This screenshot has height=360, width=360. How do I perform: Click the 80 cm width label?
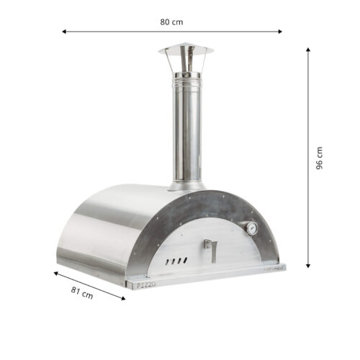[x=171, y=21]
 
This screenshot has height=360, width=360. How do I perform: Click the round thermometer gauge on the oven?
[x=252, y=229]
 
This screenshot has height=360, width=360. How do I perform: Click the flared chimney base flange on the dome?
[x=186, y=186]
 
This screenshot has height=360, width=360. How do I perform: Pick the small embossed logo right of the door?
[x=271, y=268]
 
